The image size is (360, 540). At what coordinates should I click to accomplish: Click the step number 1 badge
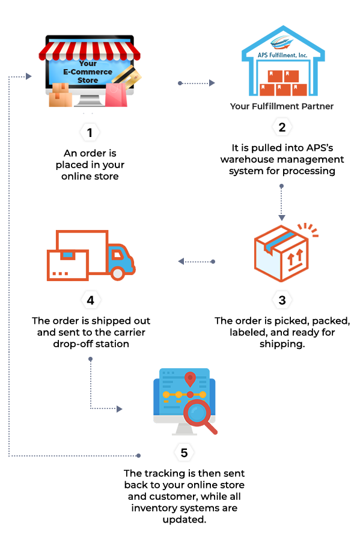click(90, 133)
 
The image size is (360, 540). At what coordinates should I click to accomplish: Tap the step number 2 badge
click(282, 127)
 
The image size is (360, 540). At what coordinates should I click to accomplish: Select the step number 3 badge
click(282, 300)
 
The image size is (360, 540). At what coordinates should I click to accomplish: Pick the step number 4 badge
click(90, 300)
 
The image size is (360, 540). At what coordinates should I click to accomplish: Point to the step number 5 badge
click(184, 452)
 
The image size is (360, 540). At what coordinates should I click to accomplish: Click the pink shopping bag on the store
click(116, 94)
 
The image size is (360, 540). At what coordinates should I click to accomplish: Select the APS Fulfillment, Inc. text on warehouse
click(282, 55)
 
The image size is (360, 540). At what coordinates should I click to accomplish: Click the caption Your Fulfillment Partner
click(282, 106)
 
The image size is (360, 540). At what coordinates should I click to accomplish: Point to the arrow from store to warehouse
click(197, 83)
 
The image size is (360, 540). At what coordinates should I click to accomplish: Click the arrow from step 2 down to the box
click(281, 202)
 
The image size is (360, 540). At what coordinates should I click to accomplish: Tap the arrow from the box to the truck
click(197, 262)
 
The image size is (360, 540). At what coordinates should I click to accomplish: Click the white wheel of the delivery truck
click(118, 273)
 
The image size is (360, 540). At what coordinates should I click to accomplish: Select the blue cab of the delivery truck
click(120, 259)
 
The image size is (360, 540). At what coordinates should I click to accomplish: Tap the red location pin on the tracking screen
click(190, 379)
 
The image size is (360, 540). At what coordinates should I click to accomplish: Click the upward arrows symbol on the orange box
click(295, 257)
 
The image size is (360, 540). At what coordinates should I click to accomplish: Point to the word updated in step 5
click(185, 520)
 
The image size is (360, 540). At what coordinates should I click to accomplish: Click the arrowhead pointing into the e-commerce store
click(29, 76)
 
